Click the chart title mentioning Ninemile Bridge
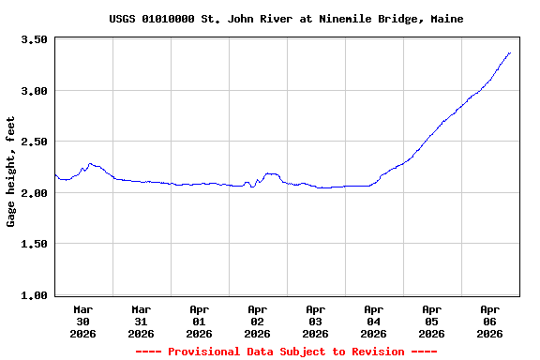pos(286,19)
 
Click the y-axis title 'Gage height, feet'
pos(11,172)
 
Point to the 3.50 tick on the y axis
pos(34,40)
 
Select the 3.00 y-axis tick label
pos(34,91)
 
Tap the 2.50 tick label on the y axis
pos(34,142)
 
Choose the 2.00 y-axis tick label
pos(34,193)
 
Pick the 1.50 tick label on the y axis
pos(34,244)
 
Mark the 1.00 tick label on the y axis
pos(34,295)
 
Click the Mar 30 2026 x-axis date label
pos(82,321)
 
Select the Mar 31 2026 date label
pos(141,321)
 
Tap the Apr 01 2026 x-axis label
pos(199,321)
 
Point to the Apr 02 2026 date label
pos(257,321)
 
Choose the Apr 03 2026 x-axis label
pos(315,321)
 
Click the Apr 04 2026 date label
pos(373,321)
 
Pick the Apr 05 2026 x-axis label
pos(431,321)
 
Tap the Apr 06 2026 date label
pos(489,321)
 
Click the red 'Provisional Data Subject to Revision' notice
pos(286,352)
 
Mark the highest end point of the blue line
pos(509,53)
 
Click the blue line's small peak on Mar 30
pos(89,163)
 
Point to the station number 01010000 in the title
pos(170,19)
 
